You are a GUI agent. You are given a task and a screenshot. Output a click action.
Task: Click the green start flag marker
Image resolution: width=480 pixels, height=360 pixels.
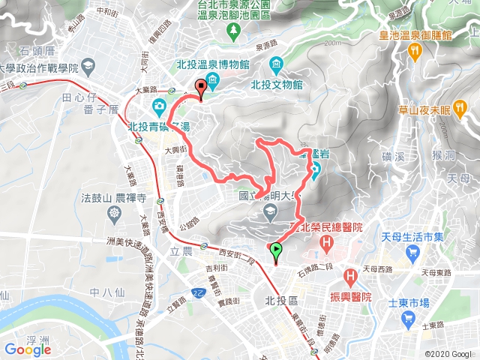point(276,252)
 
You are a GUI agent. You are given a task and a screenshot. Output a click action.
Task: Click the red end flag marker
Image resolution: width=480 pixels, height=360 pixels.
point(200,87)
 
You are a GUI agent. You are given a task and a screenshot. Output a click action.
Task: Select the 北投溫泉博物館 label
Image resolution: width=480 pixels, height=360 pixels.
point(213,65)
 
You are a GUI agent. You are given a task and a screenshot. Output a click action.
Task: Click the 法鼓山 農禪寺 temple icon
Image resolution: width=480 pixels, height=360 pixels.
point(113,214)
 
